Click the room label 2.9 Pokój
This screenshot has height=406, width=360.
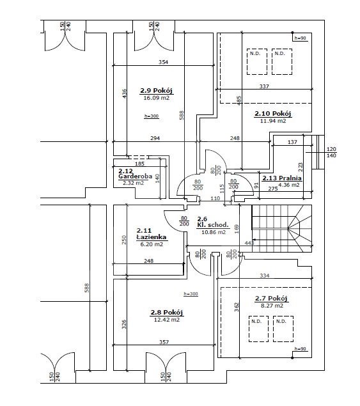pos(157,91)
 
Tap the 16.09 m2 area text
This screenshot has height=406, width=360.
pos(157,98)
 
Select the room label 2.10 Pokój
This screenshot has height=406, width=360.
pos(273,114)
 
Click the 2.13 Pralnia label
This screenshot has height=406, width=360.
pos(282,178)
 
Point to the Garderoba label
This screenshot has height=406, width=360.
pos(135,176)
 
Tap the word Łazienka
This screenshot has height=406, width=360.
pos(152,237)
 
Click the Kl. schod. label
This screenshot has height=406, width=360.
pos(213,225)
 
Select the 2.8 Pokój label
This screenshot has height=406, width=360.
pos(167,313)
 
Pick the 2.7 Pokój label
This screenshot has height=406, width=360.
pos(271,299)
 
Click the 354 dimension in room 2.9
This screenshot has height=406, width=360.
pos(163,62)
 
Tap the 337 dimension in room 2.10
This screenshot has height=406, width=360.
pos(264,86)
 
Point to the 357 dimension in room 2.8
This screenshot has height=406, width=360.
pos(164,342)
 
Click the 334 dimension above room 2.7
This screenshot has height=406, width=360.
pos(265,276)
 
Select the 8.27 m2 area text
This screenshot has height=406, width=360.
pos(272,306)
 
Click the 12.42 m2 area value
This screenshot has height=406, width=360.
pos(167,320)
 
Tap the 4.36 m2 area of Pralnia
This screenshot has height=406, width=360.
pos(289,185)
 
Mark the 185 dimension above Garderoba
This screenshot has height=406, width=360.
pos(139,164)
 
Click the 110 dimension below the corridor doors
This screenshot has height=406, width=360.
pos(215,198)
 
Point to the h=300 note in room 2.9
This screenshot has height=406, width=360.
pos(152,116)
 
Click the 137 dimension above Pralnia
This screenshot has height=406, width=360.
pos(292,142)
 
